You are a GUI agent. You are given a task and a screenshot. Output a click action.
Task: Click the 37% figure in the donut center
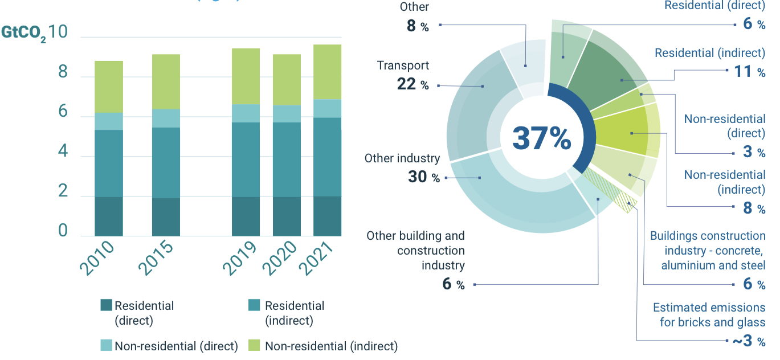coord(541,138)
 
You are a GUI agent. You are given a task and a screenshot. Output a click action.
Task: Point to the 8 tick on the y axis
coord(63,73)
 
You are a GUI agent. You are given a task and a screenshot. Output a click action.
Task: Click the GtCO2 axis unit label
coord(23,33)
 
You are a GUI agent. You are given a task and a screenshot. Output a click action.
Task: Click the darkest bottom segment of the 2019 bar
coord(246,216)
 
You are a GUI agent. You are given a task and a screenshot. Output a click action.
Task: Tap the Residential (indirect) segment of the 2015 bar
coord(166,162)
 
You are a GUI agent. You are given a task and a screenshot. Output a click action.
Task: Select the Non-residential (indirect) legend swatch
coord(255,345)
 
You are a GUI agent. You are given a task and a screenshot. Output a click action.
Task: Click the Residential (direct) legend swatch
coord(106,305)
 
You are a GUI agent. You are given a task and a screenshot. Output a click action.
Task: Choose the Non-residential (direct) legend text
coord(176,346)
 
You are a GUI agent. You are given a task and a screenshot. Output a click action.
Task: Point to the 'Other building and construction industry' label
coord(415,251)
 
